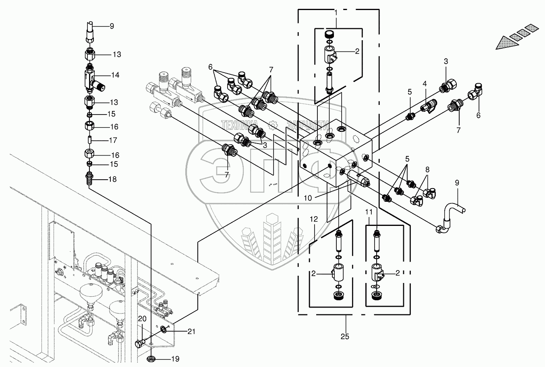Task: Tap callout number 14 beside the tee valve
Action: click(x=116, y=75)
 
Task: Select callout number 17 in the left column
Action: click(x=113, y=141)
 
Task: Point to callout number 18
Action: click(x=112, y=179)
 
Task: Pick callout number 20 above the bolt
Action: click(x=142, y=319)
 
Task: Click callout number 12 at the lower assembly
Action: click(x=314, y=219)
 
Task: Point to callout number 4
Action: click(x=425, y=84)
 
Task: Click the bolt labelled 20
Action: click(x=140, y=344)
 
